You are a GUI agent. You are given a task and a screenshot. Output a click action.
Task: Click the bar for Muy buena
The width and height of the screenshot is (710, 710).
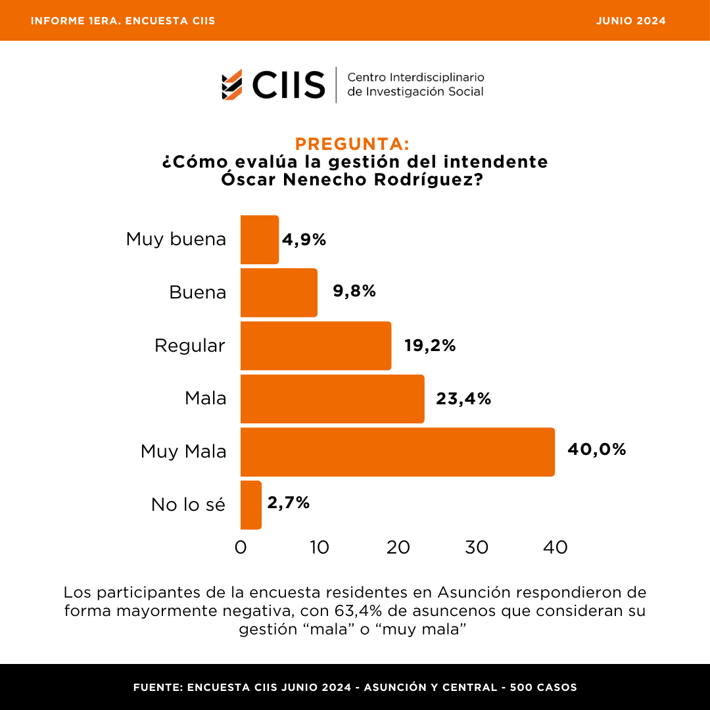(x=260, y=240)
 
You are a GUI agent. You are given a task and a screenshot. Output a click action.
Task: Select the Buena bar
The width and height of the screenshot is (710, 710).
(x=279, y=293)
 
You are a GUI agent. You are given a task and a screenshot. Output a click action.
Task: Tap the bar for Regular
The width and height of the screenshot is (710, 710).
(x=316, y=346)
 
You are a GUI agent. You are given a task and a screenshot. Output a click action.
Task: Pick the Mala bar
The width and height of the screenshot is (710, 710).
(x=332, y=399)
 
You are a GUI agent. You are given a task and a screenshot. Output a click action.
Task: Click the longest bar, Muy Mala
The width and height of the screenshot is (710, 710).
(x=397, y=452)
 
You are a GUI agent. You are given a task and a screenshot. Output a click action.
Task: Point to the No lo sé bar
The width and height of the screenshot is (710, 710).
(x=251, y=505)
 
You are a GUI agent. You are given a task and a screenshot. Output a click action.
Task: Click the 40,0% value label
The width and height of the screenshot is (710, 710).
(x=596, y=450)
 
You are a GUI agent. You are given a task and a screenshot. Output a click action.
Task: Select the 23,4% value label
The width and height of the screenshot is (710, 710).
(x=463, y=398)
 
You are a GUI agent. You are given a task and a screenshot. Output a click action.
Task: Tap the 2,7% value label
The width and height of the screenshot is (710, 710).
(x=288, y=503)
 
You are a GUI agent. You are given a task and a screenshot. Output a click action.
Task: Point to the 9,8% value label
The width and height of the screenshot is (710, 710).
(x=354, y=291)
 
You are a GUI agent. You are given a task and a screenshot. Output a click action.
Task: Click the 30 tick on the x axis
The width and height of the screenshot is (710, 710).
(x=477, y=547)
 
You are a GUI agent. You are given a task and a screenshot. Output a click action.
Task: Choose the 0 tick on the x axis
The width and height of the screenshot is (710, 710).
(x=241, y=547)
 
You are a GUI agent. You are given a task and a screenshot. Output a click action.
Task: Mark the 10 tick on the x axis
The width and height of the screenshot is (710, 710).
(x=319, y=547)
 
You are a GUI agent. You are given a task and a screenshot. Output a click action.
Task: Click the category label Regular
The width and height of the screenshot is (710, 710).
(x=190, y=345)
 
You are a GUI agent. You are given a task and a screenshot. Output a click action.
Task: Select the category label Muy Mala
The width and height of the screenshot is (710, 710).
(x=183, y=452)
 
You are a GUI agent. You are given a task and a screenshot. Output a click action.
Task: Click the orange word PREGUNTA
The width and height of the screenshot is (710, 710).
(x=352, y=144)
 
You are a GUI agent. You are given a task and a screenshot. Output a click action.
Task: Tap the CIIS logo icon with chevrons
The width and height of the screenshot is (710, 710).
(x=232, y=84)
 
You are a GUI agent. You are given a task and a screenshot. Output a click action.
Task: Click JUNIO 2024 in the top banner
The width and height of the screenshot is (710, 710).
(x=630, y=21)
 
